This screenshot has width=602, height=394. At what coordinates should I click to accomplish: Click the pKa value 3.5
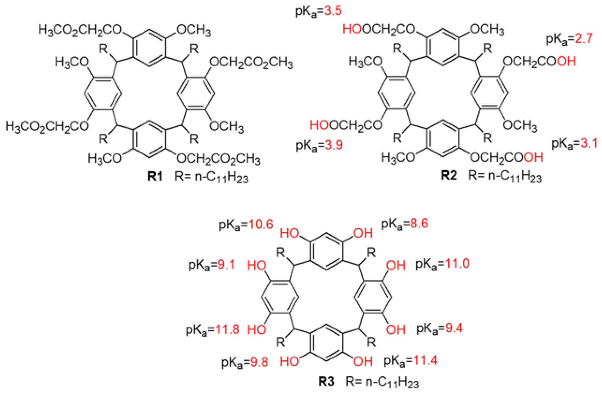click(333, 11)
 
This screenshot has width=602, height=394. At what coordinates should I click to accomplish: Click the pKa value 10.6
click(261, 224)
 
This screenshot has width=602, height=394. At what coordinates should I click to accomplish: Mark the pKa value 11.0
click(457, 263)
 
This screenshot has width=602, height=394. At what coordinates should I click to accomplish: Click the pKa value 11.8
click(227, 330)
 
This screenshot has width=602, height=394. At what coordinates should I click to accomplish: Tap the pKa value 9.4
click(454, 328)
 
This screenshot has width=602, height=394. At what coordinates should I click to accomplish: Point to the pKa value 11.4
click(425, 360)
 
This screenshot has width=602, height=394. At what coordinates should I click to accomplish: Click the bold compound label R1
click(155, 176)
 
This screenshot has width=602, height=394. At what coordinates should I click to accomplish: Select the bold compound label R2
click(449, 175)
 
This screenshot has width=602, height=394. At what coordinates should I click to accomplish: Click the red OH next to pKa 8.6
click(363, 233)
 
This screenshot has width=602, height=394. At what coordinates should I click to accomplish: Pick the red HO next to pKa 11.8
click(257, 330)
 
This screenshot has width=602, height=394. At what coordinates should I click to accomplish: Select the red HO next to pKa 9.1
click(257, 265)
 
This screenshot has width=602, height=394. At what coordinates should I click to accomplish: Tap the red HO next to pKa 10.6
click(290, 233)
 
